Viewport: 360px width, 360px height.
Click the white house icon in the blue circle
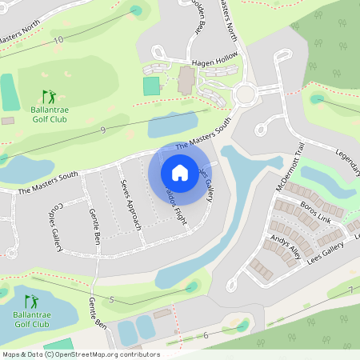click(x=180, y=173)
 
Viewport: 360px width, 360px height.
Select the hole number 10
click(x=58, y=39)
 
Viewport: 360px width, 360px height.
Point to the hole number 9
click(x=103, y=130)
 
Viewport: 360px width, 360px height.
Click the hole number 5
click(x=112, y=299)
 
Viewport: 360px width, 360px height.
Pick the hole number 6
click(x=206, y=335)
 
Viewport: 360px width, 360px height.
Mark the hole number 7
click(x=350, y=290)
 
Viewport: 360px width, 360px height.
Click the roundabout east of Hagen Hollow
click(x=245, y=94)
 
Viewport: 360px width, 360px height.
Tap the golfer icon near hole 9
click(x=50, y=96)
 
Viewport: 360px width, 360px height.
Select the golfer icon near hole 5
click(x=31, y=302)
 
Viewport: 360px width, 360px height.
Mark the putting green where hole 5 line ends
click(x=191, y=286)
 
